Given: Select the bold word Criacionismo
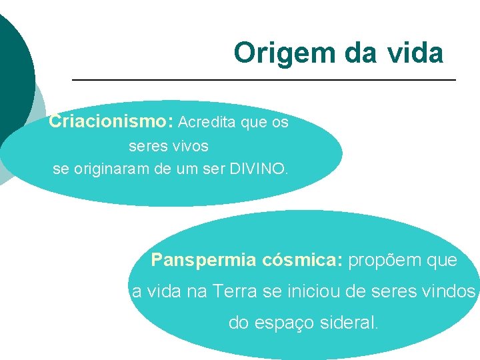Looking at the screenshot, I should pyautogui.click(x=110, y=122).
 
